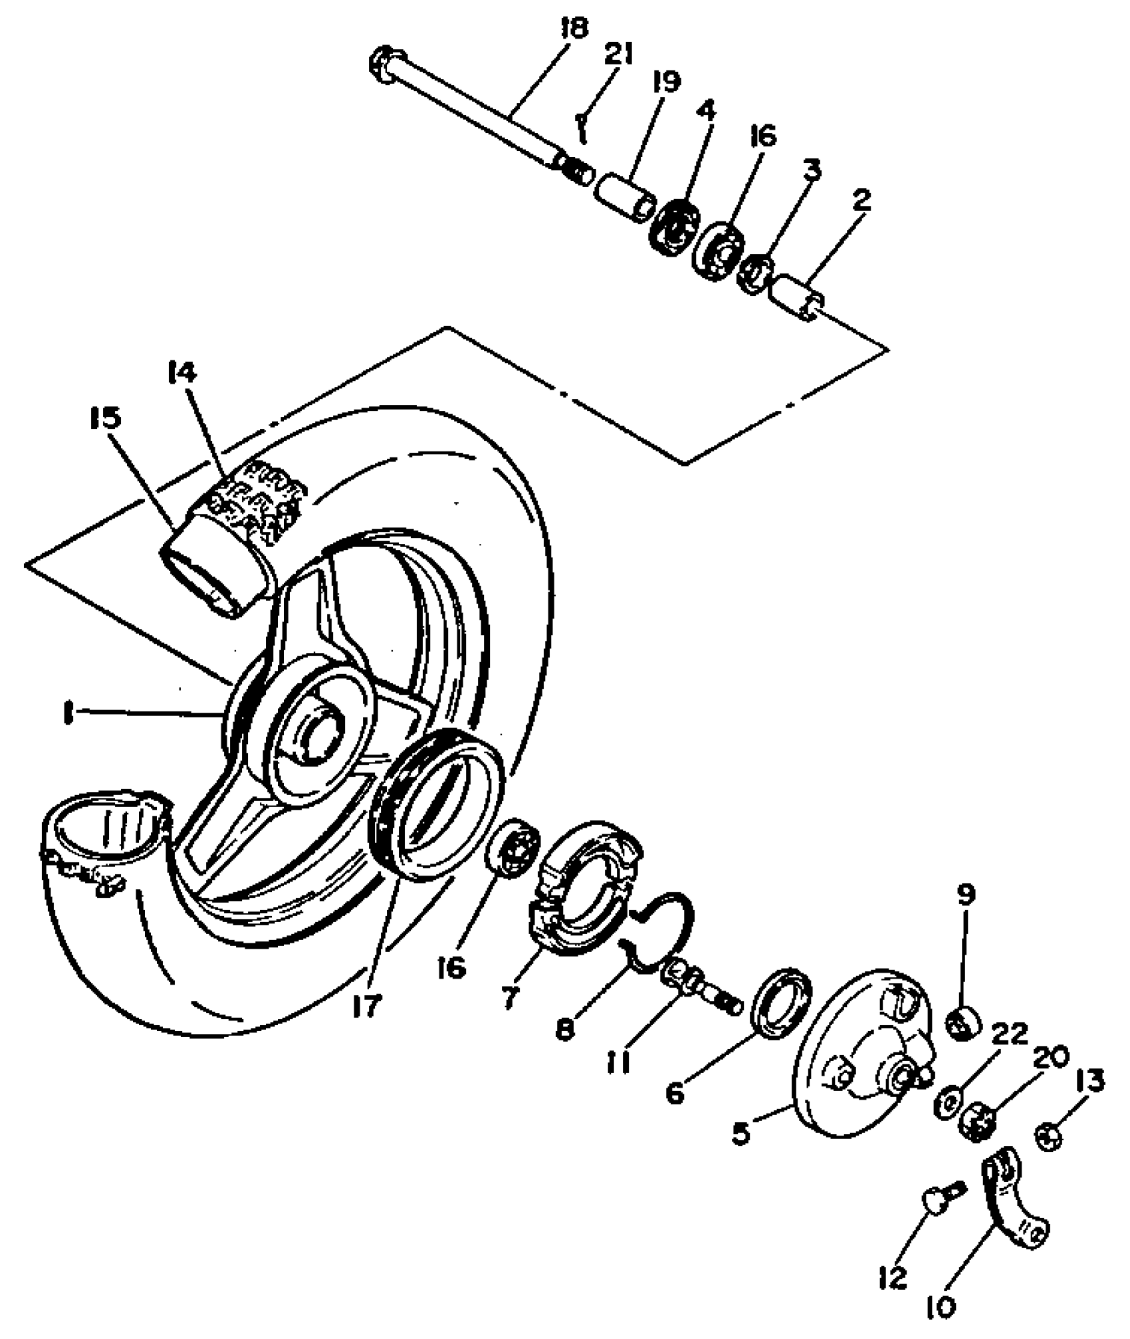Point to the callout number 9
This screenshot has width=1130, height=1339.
(x=966, y=896)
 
